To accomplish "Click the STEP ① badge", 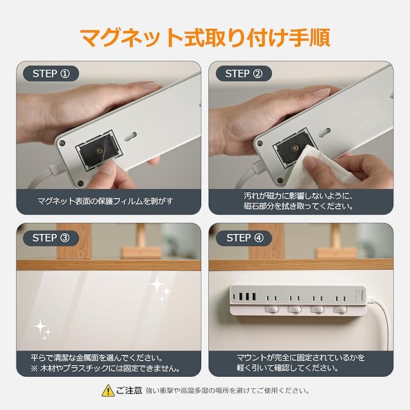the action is pos(51,74).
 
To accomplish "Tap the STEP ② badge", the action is pos(243,74).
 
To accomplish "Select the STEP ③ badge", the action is pos(51,238).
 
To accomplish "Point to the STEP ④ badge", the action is pos(243,238).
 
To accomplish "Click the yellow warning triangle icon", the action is pos(108,390).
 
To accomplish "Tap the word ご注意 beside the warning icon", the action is pos(129,390).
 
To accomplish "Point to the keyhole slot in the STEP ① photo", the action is pos(131,136).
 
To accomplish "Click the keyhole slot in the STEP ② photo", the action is pos(325,131).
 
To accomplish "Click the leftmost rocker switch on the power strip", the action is pos(272,309).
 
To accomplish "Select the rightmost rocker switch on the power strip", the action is pos(340,310).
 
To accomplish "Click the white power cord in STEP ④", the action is pos(382,322).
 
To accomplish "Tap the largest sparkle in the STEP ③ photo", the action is pos(156,284).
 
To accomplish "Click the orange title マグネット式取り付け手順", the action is pos(205,38).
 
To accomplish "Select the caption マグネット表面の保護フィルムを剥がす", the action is pos(106,201).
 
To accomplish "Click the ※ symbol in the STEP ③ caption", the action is pos(34,369).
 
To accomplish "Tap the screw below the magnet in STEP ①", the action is pos(81,183).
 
